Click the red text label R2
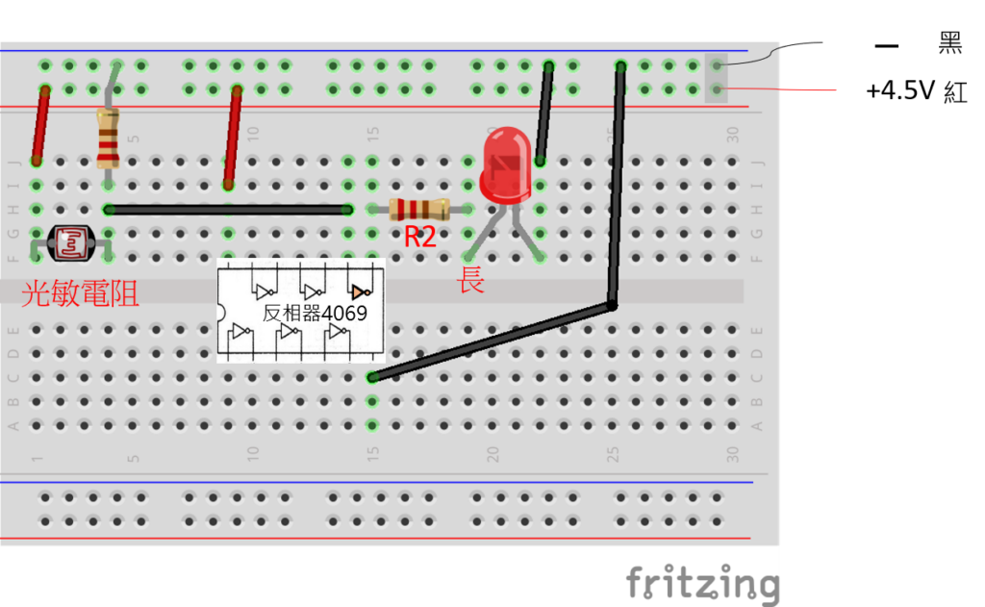(x=419, y=237)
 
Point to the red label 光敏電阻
(x=80, y=292)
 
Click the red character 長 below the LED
(x=471, y=282)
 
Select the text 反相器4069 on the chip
(x=315, y=313)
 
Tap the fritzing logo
(x=702, y=583)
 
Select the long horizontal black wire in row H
(x=228, y=209)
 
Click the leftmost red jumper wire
(x=40, y=125)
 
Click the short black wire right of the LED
(x=544, y=114)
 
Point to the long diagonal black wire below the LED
(x=491, y=341)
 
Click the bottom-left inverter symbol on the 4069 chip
(x=240, y=333)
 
